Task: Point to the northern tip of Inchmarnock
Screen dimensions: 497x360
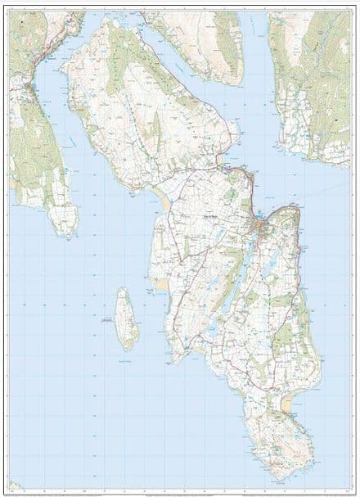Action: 123,288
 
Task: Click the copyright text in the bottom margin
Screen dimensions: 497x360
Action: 180,489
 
